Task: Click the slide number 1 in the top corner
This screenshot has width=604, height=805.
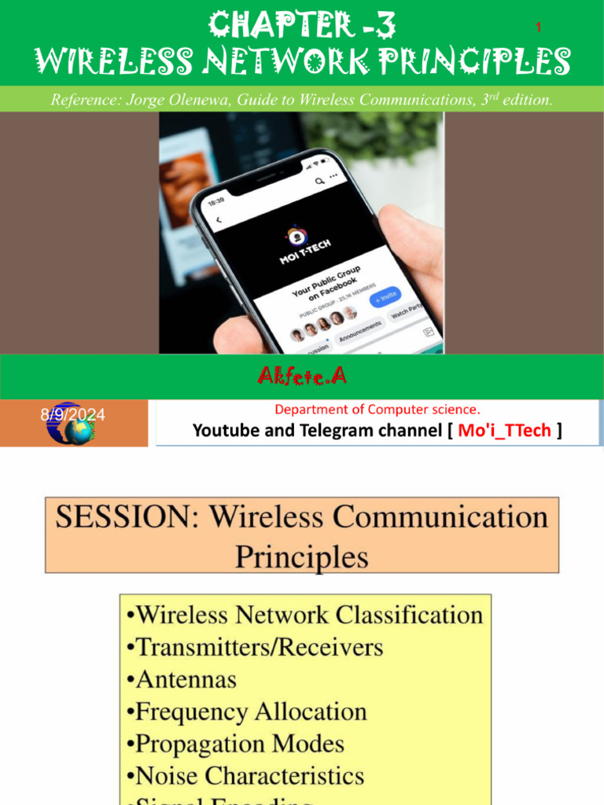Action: click(539, 28)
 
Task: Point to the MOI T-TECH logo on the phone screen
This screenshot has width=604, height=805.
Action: click(297, 244)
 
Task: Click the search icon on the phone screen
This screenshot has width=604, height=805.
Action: click(319, 181)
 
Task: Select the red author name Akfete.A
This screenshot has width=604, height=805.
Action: click(302, 377)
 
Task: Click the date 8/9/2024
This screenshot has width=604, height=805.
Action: click(73, 414)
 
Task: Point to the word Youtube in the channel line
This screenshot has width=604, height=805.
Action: click(225, 430)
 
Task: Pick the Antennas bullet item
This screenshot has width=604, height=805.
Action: click(181, 679)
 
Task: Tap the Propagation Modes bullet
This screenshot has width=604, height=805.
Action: click(234, 744)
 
